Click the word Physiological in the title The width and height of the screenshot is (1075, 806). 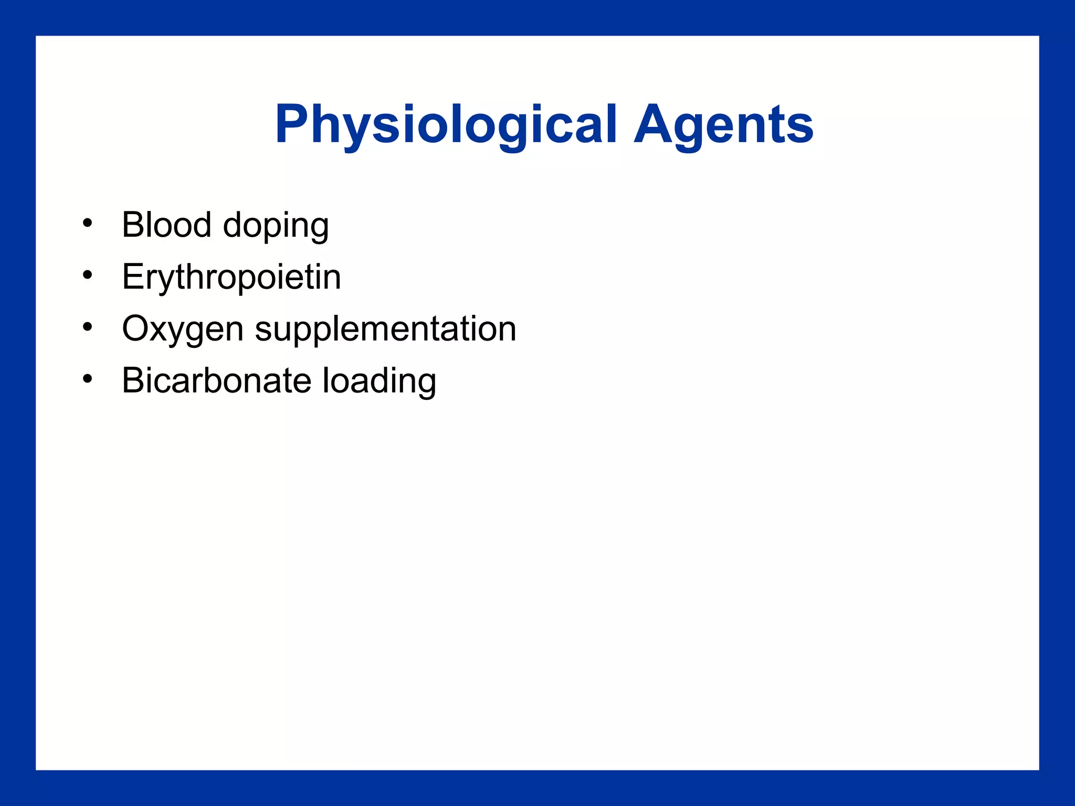[445, 125]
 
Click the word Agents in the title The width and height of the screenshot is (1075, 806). [723, 125]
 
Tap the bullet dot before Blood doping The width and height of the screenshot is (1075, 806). [87, 222]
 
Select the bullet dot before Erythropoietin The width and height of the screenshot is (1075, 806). [87, 274]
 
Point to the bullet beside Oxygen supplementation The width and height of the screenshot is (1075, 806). [87, 326]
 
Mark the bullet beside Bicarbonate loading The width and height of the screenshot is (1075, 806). [87, 378]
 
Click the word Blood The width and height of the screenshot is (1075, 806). [166, 225]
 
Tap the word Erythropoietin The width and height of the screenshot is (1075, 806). [231, 277]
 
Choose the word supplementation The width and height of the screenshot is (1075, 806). [385, 330]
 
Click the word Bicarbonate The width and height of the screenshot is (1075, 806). [216, 380]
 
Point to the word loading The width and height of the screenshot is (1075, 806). [378, 382]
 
